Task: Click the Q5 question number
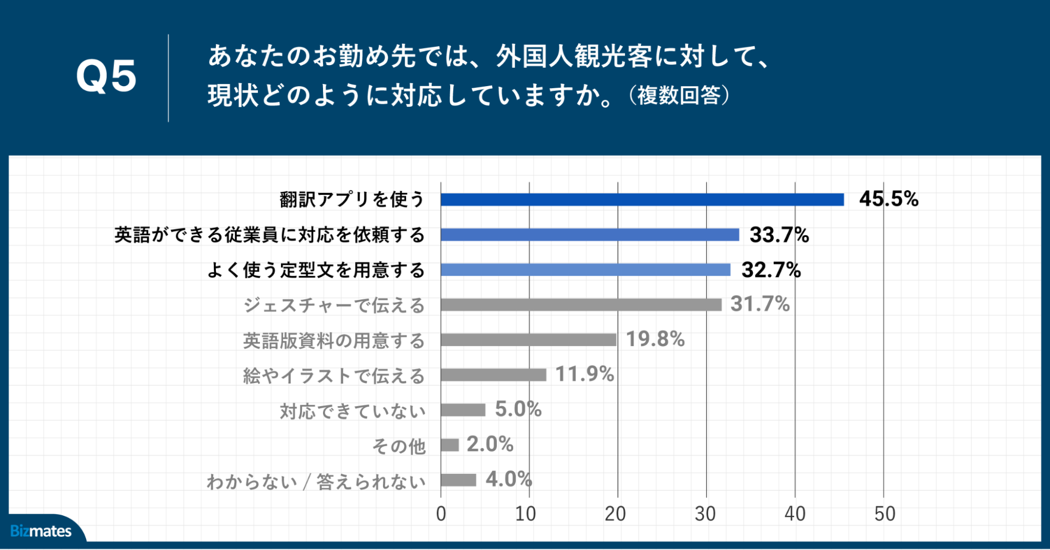[106, 76]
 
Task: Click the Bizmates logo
[41, 531]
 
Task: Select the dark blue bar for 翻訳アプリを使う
[642, 200]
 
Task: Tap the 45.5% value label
[888, 199]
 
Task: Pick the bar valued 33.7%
[589, 235]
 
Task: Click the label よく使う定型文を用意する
[316, 270]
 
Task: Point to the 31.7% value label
[760, 304]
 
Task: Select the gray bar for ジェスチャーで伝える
[581, 305]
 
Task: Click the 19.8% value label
[655, 339]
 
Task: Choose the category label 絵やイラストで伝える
[334, 376]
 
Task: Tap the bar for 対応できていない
[463, 410]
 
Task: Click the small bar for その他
[450, 445]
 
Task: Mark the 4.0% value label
[508, 479]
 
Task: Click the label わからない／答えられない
[316, 481]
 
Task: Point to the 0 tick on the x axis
[441, 514]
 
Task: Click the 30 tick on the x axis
[705, 514]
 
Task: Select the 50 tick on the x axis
[884, 514]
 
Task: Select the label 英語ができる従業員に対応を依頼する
[269, 235]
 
